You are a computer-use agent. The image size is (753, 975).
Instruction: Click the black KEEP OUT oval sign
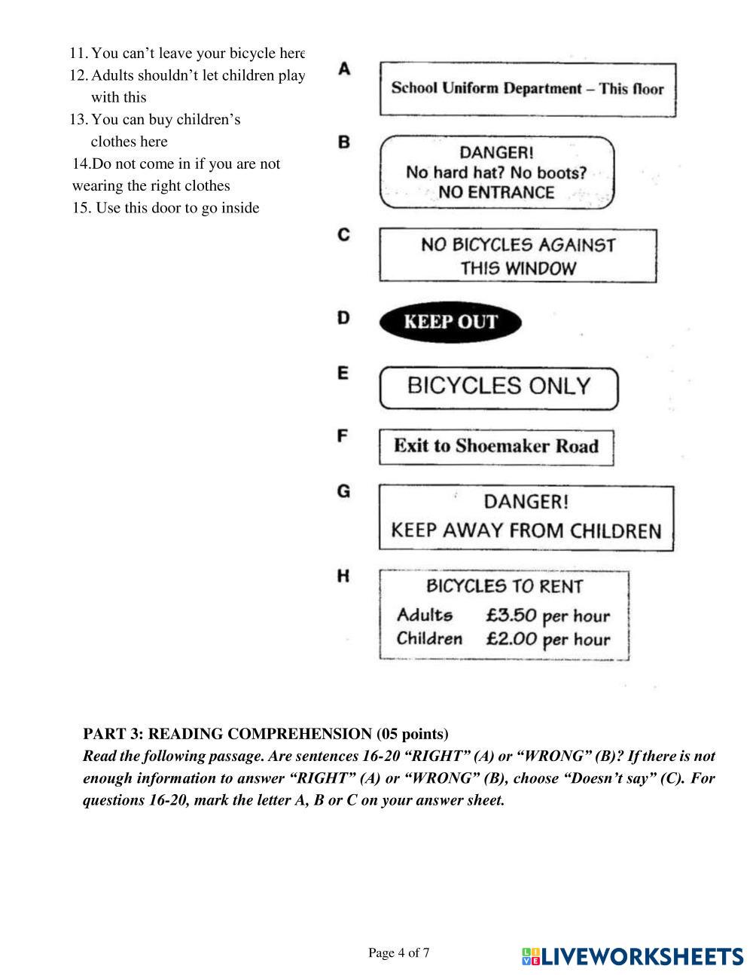[450, 322]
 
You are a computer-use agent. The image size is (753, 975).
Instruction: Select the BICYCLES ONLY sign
[498, 387]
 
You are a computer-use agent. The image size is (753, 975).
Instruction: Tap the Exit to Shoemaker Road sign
[495, 446]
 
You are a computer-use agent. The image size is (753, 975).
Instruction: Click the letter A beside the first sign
[343, 69]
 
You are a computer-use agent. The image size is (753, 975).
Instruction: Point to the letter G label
[343, 491]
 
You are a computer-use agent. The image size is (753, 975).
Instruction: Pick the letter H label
[343, 576]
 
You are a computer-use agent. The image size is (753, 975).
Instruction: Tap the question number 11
[78, 53]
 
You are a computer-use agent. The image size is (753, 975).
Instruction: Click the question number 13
[78, 120]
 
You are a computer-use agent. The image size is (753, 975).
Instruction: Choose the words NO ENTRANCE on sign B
[495, 193]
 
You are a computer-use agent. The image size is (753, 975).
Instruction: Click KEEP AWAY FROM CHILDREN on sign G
[526, 530]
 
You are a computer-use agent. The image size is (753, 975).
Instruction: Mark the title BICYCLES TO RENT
[505, 586]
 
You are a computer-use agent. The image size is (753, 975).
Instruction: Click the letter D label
[343, 318]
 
